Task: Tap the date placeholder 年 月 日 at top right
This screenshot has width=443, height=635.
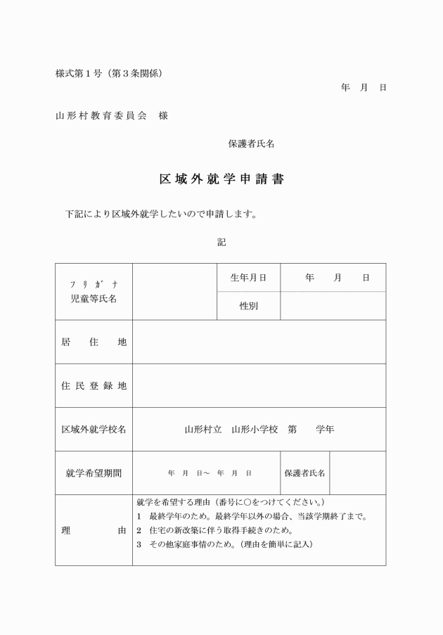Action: (x=364, y=88)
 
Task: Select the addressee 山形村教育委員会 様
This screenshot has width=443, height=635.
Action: (x=111, y=115)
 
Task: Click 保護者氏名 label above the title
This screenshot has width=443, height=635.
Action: (x=251, y=143)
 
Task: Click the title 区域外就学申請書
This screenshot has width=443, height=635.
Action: (x=222, y=179)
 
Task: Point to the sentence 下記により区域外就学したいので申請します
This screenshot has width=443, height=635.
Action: (x=160, y=214)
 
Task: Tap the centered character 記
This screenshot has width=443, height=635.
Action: (x=222, y=242)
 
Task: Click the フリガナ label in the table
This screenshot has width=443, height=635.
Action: (x=94, y=285)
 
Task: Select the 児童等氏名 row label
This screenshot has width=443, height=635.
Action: (x=94, y=299)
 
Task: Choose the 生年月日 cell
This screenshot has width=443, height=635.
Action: (x=248, y=278)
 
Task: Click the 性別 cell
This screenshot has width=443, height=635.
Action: (x=248, y=306)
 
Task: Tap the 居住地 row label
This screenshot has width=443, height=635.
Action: (x=94, y=342)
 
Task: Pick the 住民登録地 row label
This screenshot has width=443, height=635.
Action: (x=94, y=386)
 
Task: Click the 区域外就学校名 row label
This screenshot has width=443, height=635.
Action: (x=94, y=429)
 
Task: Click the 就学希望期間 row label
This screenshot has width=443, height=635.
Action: (x=94, y=473)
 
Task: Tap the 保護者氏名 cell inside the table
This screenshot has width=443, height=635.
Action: (x=304, y=473)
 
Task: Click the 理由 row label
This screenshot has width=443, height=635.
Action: (x=94, y=531)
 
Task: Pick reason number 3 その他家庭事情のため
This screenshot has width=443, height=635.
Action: (x=225, y=545)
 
